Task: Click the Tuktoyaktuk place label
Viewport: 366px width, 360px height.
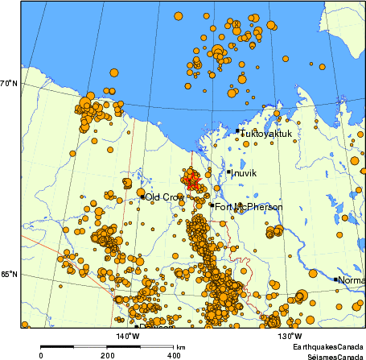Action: point(266,134)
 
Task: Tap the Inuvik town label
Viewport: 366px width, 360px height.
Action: point(244,172)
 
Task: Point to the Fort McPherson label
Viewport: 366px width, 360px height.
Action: point(249,207)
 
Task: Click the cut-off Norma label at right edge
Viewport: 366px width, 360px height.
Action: point(351,280)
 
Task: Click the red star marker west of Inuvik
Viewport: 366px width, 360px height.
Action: point(191,181)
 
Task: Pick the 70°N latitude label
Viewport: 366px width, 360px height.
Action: point(9,84)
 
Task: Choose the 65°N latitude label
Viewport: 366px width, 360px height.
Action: point(9,275)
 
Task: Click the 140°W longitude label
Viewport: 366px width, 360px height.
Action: point(127,336)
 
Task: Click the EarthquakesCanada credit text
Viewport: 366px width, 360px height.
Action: point(329,346)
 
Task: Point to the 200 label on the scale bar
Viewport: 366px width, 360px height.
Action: point(107,354)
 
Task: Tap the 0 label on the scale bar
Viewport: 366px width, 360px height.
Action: point(41,354)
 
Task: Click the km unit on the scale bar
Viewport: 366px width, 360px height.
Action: point(181,346)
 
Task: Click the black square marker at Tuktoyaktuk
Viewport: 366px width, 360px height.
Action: point(237,130)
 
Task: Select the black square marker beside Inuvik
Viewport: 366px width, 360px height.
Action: point(228,172)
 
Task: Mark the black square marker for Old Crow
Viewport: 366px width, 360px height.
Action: point(142,197)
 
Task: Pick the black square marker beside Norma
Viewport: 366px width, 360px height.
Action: point(335,279)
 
